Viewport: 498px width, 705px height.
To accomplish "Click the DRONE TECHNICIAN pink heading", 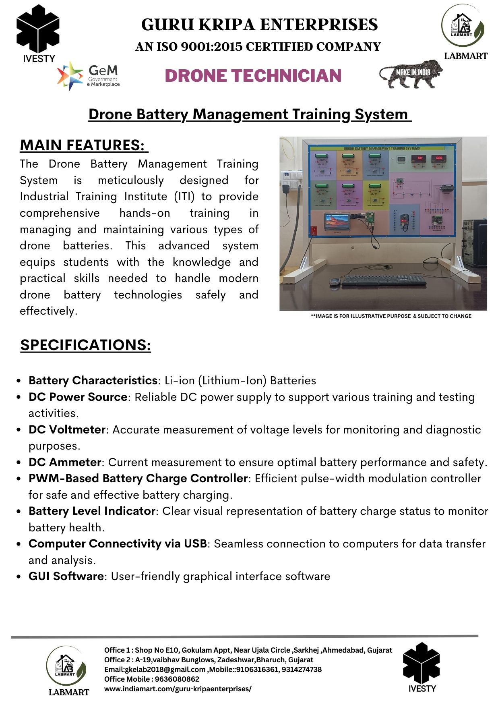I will tap(253, 76).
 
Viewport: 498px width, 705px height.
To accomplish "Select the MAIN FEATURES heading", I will tap(84, 145).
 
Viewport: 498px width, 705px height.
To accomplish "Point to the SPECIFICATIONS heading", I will tap(86, 345).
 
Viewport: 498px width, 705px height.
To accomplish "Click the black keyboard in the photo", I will tap(383, 280).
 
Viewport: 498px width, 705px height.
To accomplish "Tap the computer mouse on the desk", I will tap(335, 282).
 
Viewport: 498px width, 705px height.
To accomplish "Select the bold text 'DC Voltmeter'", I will tap(67, 429).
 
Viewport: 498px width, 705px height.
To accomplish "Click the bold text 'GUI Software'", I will tap(66, 576).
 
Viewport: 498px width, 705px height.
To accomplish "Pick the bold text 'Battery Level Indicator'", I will tap(92, 511).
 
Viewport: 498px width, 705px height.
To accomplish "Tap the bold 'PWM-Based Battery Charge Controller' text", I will tap(138, 478).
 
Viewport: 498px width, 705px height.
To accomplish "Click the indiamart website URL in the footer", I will tap(178, 689).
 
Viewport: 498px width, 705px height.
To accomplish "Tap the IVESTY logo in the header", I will tap(38, 34).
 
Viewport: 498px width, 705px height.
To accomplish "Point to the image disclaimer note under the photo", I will tap(391, 316).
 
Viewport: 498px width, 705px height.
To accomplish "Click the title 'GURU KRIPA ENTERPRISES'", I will tap(259, 25).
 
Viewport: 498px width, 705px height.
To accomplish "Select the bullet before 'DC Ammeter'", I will tap(19, 462).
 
